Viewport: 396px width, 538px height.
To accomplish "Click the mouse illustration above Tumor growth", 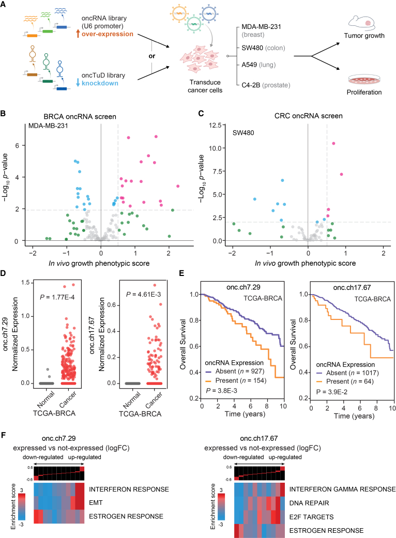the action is [362, 23].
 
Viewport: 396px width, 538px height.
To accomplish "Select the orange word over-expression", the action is [108, 34].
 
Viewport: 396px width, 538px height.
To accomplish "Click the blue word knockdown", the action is [100, 83].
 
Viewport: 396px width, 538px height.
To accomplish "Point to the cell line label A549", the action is [249, 65].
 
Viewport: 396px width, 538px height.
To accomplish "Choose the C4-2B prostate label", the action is [266, 85].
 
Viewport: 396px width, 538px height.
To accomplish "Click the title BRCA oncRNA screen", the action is [80, 116].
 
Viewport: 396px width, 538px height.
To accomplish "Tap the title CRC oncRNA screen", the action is [309, 116].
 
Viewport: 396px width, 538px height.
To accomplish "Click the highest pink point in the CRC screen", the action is [333, 144].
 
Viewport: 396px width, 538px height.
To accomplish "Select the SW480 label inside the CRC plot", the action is [243, 132].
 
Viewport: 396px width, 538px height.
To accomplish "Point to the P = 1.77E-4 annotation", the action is [57, 297].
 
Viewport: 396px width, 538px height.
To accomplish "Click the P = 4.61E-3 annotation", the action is [143, 294].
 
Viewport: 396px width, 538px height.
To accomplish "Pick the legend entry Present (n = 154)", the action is [240, 380].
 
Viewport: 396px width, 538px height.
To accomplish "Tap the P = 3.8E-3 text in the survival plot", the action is [221, 391].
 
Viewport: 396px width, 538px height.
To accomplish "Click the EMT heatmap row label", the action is [96, 503].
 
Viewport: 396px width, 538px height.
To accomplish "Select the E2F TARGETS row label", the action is [311, 517].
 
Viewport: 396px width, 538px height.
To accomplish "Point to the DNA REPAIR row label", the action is [309, 503].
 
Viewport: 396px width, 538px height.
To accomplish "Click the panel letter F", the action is [4, 435].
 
